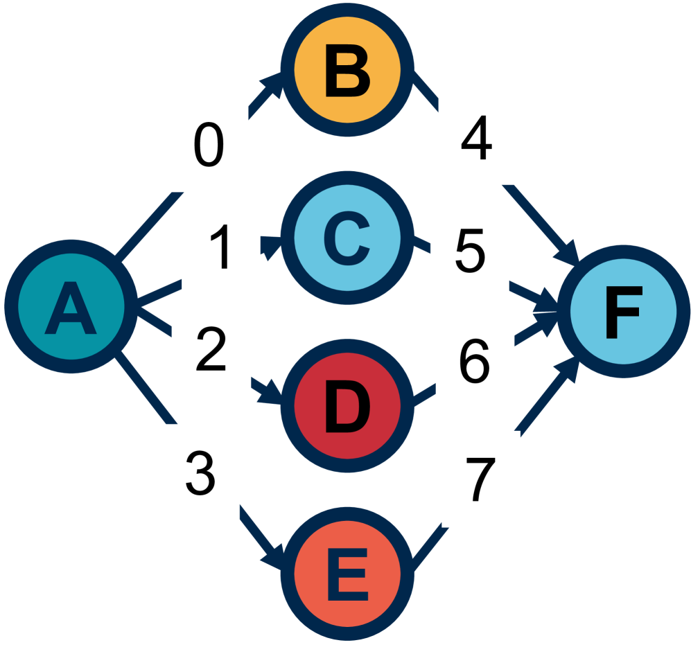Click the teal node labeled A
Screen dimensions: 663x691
click(x=70, y=305)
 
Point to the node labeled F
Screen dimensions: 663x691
click(x=622, y=312)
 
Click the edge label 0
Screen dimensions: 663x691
click(x=209, y=146)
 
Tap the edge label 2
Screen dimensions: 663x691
click(x=211, y=350)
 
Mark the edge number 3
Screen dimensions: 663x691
click(x=200, y=473)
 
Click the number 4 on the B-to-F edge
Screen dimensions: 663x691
click(x=477, y=141)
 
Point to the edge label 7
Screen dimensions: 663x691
click(x=480, y=480)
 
